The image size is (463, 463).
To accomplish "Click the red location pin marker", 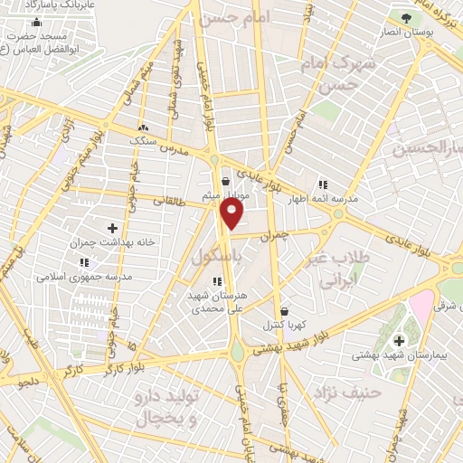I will coord(232,213).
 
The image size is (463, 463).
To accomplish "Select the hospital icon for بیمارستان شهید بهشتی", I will coord(400,341).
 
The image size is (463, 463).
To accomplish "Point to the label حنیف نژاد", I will coord(343,391).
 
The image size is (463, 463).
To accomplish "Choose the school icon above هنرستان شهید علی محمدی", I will coord(217,281).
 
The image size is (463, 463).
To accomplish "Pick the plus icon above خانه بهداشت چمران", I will coord(112,228).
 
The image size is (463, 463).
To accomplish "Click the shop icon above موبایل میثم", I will coord(224,181).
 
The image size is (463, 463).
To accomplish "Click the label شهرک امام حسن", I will coord(342,76).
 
